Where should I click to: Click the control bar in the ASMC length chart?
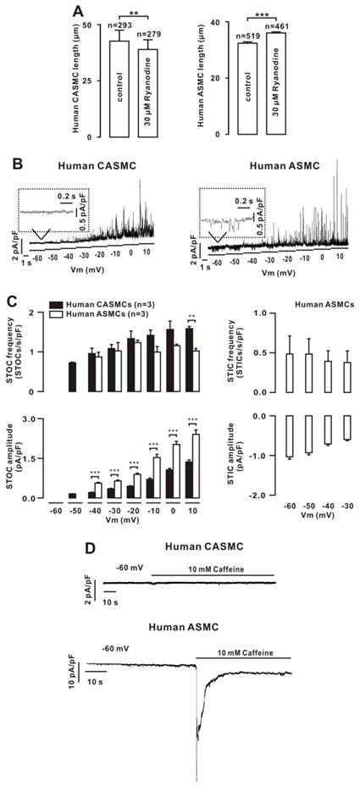248,88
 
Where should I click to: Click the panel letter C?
9,300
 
